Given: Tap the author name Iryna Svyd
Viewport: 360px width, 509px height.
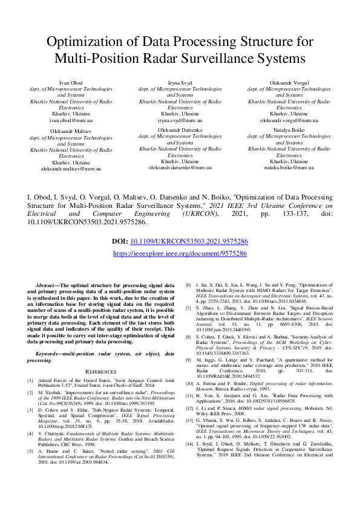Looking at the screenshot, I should click(x=180, y=82).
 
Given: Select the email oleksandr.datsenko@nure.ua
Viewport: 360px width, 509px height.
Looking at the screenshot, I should click(x=180, y=168).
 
